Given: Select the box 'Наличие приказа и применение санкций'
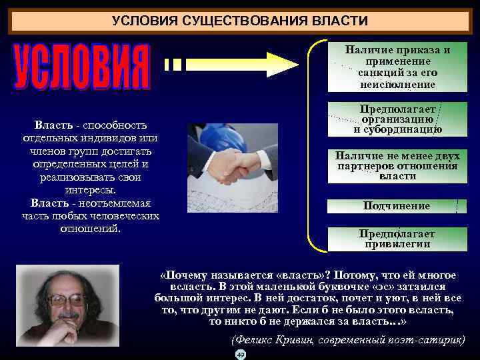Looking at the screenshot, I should click(x=397, y=67).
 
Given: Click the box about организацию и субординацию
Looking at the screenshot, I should click(x=397, y=119).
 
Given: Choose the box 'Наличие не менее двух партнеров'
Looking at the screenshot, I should click(x=397, y=166).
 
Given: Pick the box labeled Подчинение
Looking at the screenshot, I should click(x=397, y=206).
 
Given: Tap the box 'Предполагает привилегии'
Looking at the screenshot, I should click(x=397, y=239).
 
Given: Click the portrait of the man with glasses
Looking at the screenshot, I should click(x=67, y=305).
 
